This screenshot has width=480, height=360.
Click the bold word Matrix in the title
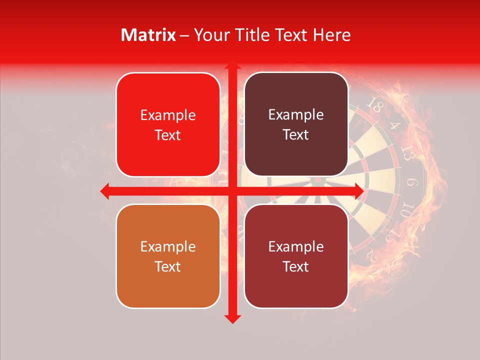148,35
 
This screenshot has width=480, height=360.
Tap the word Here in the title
332,35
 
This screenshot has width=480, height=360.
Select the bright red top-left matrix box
168,124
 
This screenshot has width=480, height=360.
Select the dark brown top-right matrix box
296,124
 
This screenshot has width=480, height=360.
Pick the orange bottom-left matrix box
168,256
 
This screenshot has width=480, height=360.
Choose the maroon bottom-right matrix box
296,256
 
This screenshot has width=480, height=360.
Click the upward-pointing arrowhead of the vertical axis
232,66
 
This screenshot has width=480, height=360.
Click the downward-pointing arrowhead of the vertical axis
232,318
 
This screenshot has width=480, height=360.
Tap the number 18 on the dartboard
374,105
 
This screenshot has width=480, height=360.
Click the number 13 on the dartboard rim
407,155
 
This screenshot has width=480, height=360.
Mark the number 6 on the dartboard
413,183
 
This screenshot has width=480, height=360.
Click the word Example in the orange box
168,246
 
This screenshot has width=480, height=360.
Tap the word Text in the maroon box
296,266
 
